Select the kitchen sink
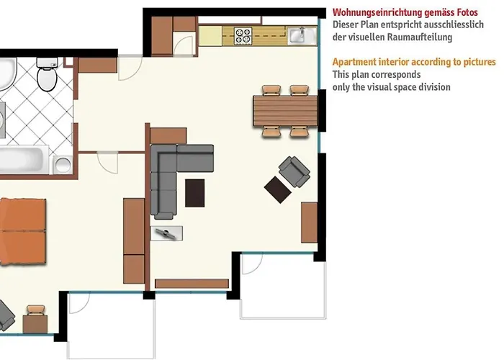(297, 35)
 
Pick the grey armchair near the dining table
(294, 170)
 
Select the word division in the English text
(434, 87)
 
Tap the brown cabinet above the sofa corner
(168, 136)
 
